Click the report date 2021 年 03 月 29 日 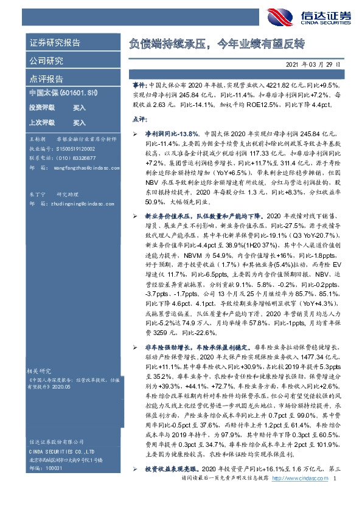coord(312,64)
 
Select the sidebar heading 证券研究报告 coord(55,43)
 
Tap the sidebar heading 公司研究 coord(46,61)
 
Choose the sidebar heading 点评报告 coord(46,79)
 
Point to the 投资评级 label coord(41,108)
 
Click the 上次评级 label coord(41,122)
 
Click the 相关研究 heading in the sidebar coord(40,369)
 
